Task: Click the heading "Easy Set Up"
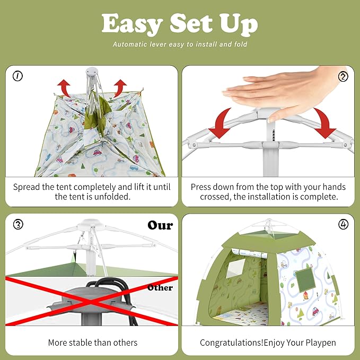click(x=180, y=24)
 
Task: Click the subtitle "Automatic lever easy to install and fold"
click(x=180, y=45)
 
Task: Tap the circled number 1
click(x=18, y=76)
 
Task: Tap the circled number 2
click(x=343, y=76)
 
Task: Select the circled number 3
click(x=18, y=224)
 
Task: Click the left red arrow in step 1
click(x=65, y=86)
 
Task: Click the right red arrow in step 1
click(x=120, y=86)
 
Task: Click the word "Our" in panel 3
click(x=160, y=225)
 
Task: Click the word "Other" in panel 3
click(x=160, y=287)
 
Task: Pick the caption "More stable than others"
click(x=92, y=343)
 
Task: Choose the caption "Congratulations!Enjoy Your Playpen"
click(x=268, y=343)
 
